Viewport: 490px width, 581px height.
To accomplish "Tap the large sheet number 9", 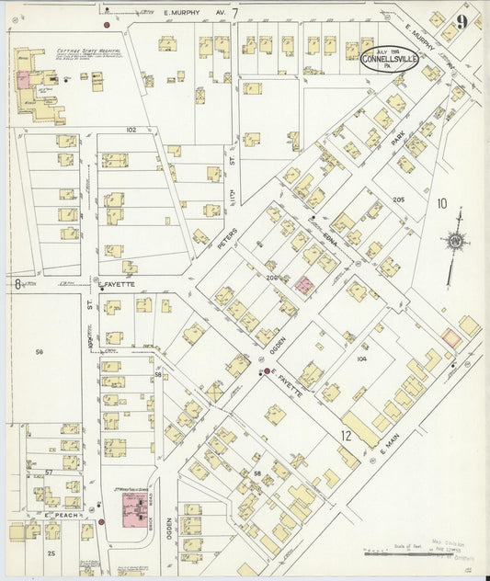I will click(x=461, y=21).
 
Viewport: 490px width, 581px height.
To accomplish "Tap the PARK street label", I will click(x=398, y=141).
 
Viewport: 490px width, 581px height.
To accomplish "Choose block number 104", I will click(x=361, y=359).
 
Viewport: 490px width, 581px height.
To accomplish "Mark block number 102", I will click(x=131, y=131).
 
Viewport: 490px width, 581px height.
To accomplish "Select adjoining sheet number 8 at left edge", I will click(x=17, y=284).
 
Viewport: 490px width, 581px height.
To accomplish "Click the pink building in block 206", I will click(x=303, y=284).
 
